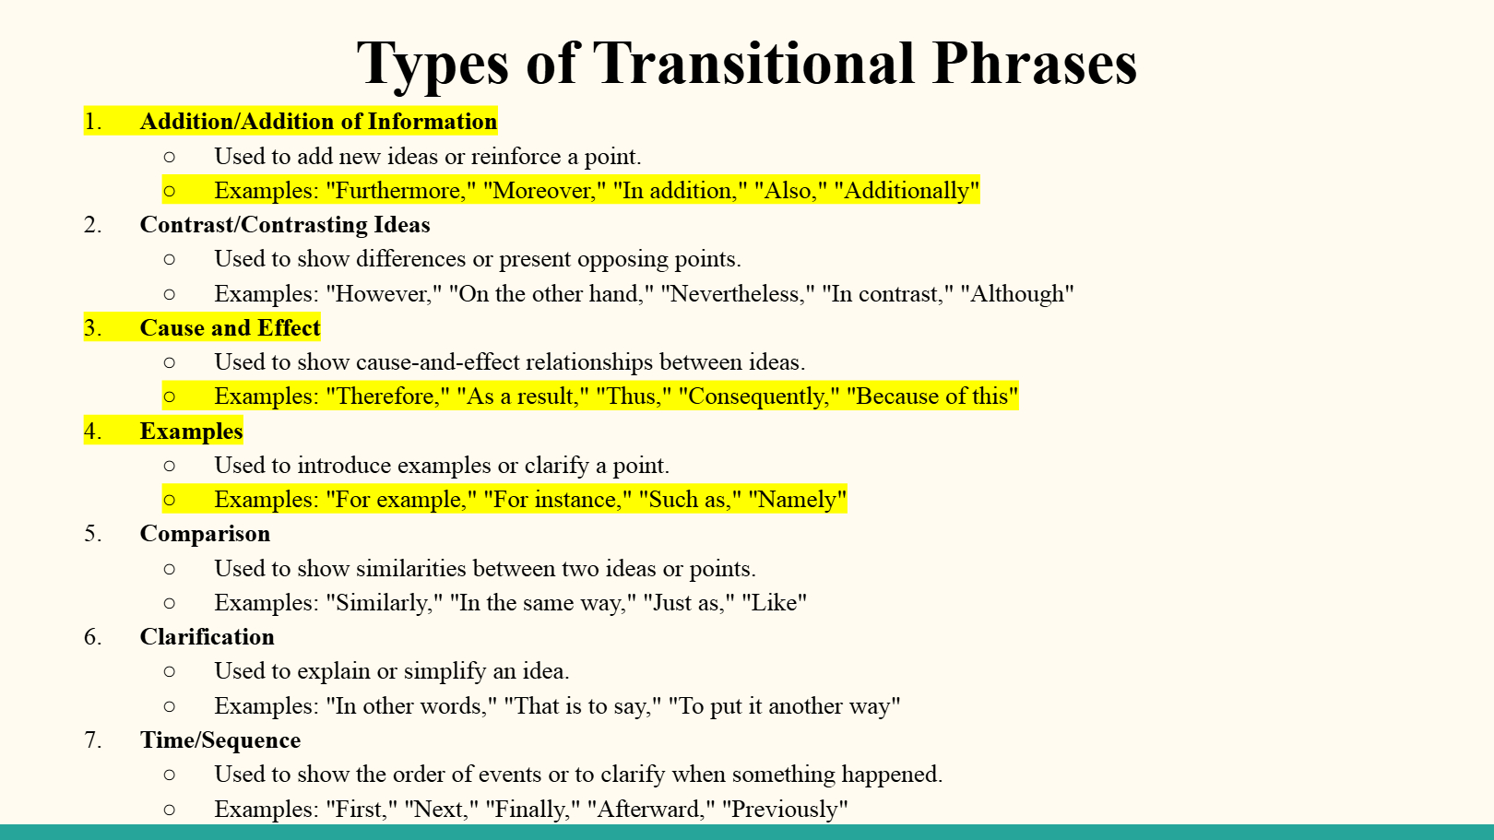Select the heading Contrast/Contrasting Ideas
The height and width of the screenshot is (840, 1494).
click(285, 225)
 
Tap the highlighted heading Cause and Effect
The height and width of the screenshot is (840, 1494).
click(231, 328)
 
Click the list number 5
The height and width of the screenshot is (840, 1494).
click(93, 534)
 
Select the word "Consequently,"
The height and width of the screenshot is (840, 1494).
click(758, 396)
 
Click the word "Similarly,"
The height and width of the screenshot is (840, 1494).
click(385, 603)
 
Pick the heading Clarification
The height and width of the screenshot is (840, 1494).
click(207, 637)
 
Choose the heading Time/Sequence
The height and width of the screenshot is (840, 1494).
click(220, 740)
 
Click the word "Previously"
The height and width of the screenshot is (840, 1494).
click(789, 810)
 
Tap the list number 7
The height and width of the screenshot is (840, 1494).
click(93, 740)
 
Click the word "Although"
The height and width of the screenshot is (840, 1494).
click(1017, 294)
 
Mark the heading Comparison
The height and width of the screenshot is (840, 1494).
click(205, 535)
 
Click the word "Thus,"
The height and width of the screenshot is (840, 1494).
click(634, 396)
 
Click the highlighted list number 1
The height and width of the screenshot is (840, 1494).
click(93, 122)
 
